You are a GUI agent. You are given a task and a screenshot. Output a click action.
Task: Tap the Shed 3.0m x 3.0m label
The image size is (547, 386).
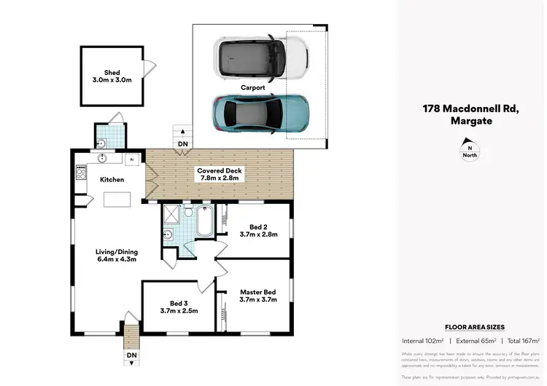click(112, 76)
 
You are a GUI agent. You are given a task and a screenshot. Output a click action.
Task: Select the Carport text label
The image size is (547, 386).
click(252, 87)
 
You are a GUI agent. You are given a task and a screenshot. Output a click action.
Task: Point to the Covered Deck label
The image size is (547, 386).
click(220, 174)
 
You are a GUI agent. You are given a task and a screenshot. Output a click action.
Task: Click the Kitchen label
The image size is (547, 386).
click(112, 179)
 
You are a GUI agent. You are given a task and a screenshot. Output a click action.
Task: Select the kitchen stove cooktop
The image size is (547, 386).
click(80, 172)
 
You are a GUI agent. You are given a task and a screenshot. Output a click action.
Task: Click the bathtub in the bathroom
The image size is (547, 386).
click(204, 221)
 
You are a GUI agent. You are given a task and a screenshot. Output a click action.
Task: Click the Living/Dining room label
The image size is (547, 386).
click(116, 255)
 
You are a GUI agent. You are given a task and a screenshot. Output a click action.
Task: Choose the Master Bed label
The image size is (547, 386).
click(258, 295)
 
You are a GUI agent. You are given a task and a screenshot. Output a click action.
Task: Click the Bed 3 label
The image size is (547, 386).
click(178, 307)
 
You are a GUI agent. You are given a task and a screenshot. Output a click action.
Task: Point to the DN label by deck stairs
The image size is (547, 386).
click(182, 144)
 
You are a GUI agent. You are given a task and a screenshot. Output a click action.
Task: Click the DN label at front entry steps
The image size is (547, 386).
click(131, 355)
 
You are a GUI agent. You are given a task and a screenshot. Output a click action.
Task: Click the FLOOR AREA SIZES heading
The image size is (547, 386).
click(474, 328)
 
